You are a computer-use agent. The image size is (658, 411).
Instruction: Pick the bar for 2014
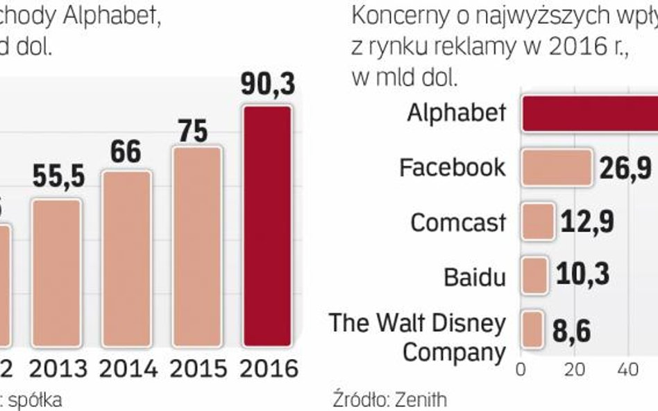point(127,258)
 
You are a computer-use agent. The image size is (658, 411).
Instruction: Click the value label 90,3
point(268,85)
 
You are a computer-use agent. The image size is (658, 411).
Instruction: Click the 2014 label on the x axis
point(128,368)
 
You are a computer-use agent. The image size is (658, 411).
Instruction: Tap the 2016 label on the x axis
point(268,368)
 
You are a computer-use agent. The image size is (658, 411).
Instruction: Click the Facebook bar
point(556,167)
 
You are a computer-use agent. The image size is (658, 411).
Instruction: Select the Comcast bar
point(537,221)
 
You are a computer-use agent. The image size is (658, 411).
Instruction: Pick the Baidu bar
point(534,274)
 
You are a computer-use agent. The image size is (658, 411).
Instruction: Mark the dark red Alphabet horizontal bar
point(590,113)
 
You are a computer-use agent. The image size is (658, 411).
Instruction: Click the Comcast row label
point(458,222)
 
